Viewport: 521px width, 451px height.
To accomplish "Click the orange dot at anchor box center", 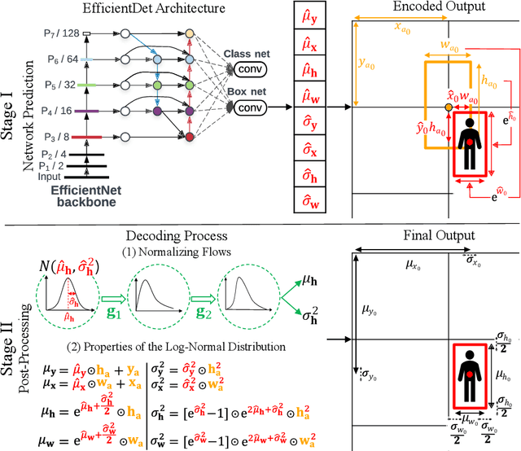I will tap(449, 107).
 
